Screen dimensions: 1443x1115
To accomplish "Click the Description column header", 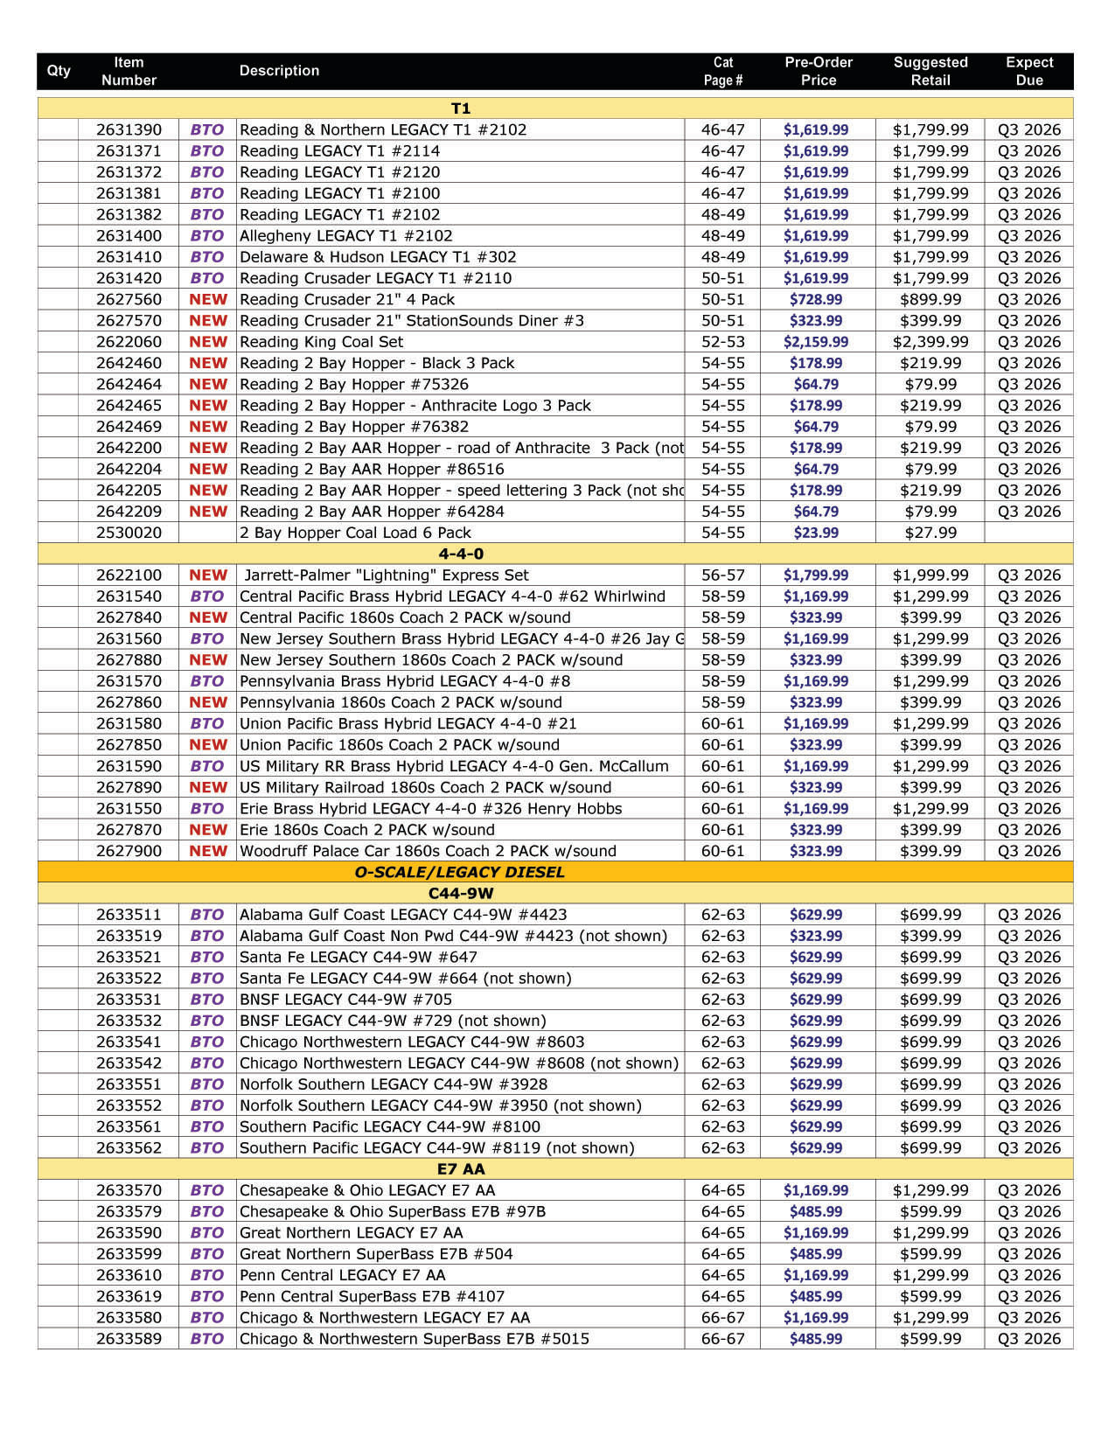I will (279, 71).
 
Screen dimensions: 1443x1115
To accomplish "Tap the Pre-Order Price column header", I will (818, 71).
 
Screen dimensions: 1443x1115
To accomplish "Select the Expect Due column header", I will (1028, 71).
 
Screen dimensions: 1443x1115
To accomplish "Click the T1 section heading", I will (461, 108).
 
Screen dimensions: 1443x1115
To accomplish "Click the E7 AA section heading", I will (461, 1169).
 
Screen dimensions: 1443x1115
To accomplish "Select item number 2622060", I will (129, 342).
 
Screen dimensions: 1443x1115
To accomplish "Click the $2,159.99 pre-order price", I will (815, 342).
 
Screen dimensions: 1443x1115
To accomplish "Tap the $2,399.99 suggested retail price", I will (930, 342).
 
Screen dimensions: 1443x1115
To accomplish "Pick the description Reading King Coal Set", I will (321, 342).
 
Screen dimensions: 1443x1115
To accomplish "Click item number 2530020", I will (129, 533).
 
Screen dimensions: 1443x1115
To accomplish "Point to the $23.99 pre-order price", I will (815, 533).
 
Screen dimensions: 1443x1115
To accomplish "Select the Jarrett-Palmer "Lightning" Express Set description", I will (386, 575).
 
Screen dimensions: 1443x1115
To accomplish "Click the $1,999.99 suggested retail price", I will (930, 575).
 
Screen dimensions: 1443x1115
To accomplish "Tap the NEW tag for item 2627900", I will (207, 851).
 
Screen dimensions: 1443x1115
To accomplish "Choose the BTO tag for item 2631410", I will (207, 257).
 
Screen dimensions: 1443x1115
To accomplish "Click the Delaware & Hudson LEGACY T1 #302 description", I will (378, 257).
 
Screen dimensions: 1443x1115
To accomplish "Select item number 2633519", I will (129, 936).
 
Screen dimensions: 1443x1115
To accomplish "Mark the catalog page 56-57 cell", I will (722, 575).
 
